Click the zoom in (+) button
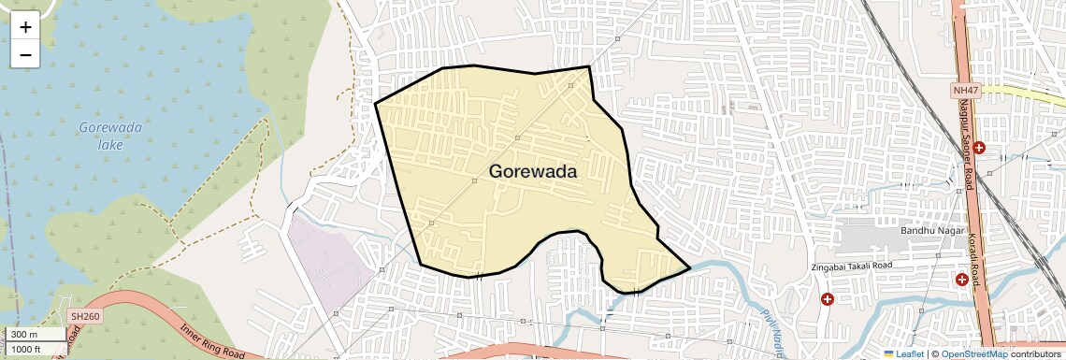(25, 27)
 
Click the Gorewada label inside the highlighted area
(533, 172)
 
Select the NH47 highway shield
(965, 90)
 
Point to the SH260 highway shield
(84, 317)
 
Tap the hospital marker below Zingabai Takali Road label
(828, 299)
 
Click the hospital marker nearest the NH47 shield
(978, 148)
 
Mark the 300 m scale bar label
(25, 335)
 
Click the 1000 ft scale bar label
(27, 349)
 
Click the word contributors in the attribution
(1036, 353)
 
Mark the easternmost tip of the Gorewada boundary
(690, 269)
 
